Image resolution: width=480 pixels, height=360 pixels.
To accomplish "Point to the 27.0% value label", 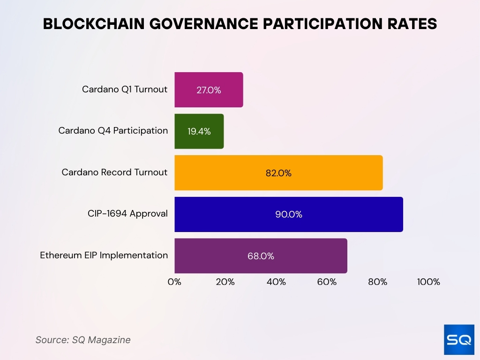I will tap(209, 90).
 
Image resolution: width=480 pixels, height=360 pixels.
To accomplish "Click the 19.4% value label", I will tap(199, 131).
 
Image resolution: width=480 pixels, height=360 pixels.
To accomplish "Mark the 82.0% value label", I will tap(278, 173).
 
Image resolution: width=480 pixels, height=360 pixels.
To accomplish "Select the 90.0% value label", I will tap(289, 214).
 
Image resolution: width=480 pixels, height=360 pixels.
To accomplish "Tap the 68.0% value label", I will tap(261, 256).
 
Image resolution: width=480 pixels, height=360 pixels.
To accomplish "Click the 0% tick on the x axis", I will tap(174, 282).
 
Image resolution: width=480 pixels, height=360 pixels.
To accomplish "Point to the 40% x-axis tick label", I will tap(276, 282).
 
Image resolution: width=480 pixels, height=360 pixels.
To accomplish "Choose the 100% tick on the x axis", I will tap(428, 282).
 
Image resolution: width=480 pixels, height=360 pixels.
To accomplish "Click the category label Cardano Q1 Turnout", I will tap(125, 89).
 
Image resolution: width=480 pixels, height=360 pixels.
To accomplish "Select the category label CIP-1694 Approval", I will tap(127, 214).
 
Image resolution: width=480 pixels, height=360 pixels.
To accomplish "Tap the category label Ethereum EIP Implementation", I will tap(104, 255).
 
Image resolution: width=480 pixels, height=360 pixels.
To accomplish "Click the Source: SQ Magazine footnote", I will tap(83, 340).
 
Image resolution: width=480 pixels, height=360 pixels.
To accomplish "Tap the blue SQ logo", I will tap(459, 339).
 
